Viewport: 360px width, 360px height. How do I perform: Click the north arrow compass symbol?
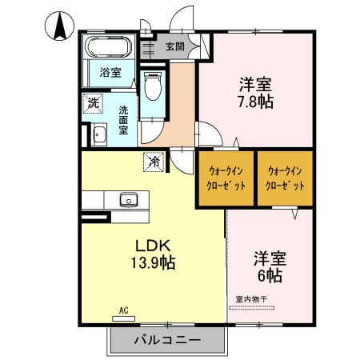[x=59, y=26]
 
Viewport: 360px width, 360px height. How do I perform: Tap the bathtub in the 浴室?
[x=109, y=46]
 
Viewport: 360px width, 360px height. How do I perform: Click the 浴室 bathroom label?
[x=110, y=73]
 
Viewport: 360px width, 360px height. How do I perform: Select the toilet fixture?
[x=153, y=86]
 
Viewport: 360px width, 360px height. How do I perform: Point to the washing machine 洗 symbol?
[x=93, y=103]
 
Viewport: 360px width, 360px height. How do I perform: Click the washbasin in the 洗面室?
[x=99, y=134]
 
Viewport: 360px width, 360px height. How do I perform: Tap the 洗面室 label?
[x=123, y=120]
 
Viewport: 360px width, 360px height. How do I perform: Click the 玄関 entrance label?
[x=175, y=46]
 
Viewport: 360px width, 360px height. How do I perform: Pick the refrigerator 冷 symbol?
[x=154, y=162]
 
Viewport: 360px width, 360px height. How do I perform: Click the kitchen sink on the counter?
[x=129, y=200]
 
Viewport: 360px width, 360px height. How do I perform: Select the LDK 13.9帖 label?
[x=153, y=254]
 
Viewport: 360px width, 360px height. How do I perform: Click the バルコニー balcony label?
[x=167, y=340]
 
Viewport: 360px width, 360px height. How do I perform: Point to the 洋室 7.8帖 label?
[x=256, y=93]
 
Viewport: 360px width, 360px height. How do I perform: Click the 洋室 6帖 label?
[x=270, y=267]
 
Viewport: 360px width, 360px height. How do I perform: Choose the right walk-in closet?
[x=285, y=178]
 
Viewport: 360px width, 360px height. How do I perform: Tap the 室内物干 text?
[x=251, y=299]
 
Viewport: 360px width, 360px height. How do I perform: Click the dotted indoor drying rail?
[x=252, y=307]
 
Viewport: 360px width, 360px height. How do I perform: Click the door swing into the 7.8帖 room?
[x=209, y=134]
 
